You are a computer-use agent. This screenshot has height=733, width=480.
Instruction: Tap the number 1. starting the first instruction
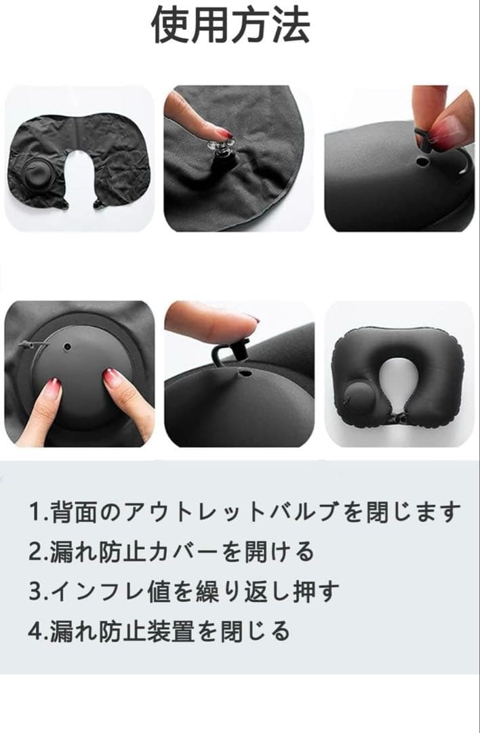38,512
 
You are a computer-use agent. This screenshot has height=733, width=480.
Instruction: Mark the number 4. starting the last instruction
38,632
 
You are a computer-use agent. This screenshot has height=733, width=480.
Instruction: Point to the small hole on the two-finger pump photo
68,347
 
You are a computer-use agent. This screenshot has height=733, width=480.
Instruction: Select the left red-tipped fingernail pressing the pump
53,388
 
